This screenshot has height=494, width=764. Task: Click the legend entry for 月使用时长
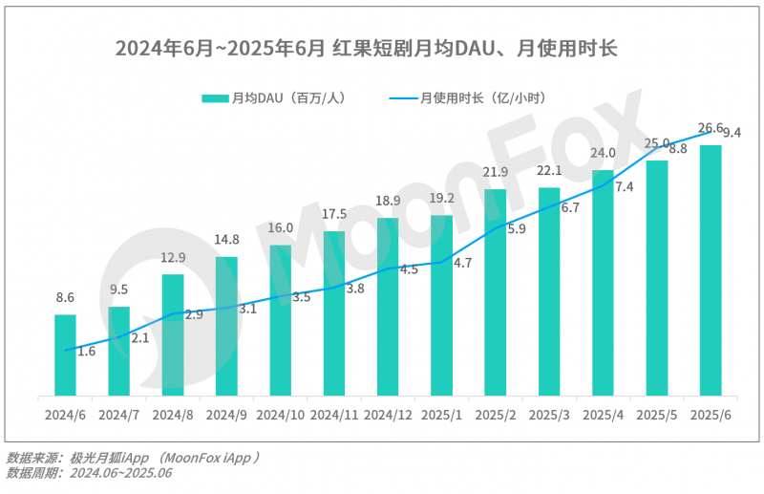468,98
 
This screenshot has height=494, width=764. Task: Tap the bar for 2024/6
65,354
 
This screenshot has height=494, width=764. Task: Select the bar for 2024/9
226,326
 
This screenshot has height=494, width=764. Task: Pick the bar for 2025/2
495,291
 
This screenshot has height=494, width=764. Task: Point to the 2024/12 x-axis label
388,415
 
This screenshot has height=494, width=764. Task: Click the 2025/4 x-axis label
603,415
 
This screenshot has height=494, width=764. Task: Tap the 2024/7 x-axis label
118,415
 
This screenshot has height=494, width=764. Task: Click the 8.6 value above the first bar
65,298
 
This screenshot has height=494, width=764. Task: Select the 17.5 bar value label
334,214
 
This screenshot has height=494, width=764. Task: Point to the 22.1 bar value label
549,170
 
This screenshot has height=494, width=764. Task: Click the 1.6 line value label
86,352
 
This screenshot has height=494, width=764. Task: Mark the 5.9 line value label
516,229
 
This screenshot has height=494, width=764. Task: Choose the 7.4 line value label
624,187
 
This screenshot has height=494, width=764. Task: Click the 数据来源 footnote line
134,458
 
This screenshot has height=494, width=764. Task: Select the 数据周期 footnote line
89,473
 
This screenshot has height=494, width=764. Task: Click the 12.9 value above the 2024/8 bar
173,258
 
